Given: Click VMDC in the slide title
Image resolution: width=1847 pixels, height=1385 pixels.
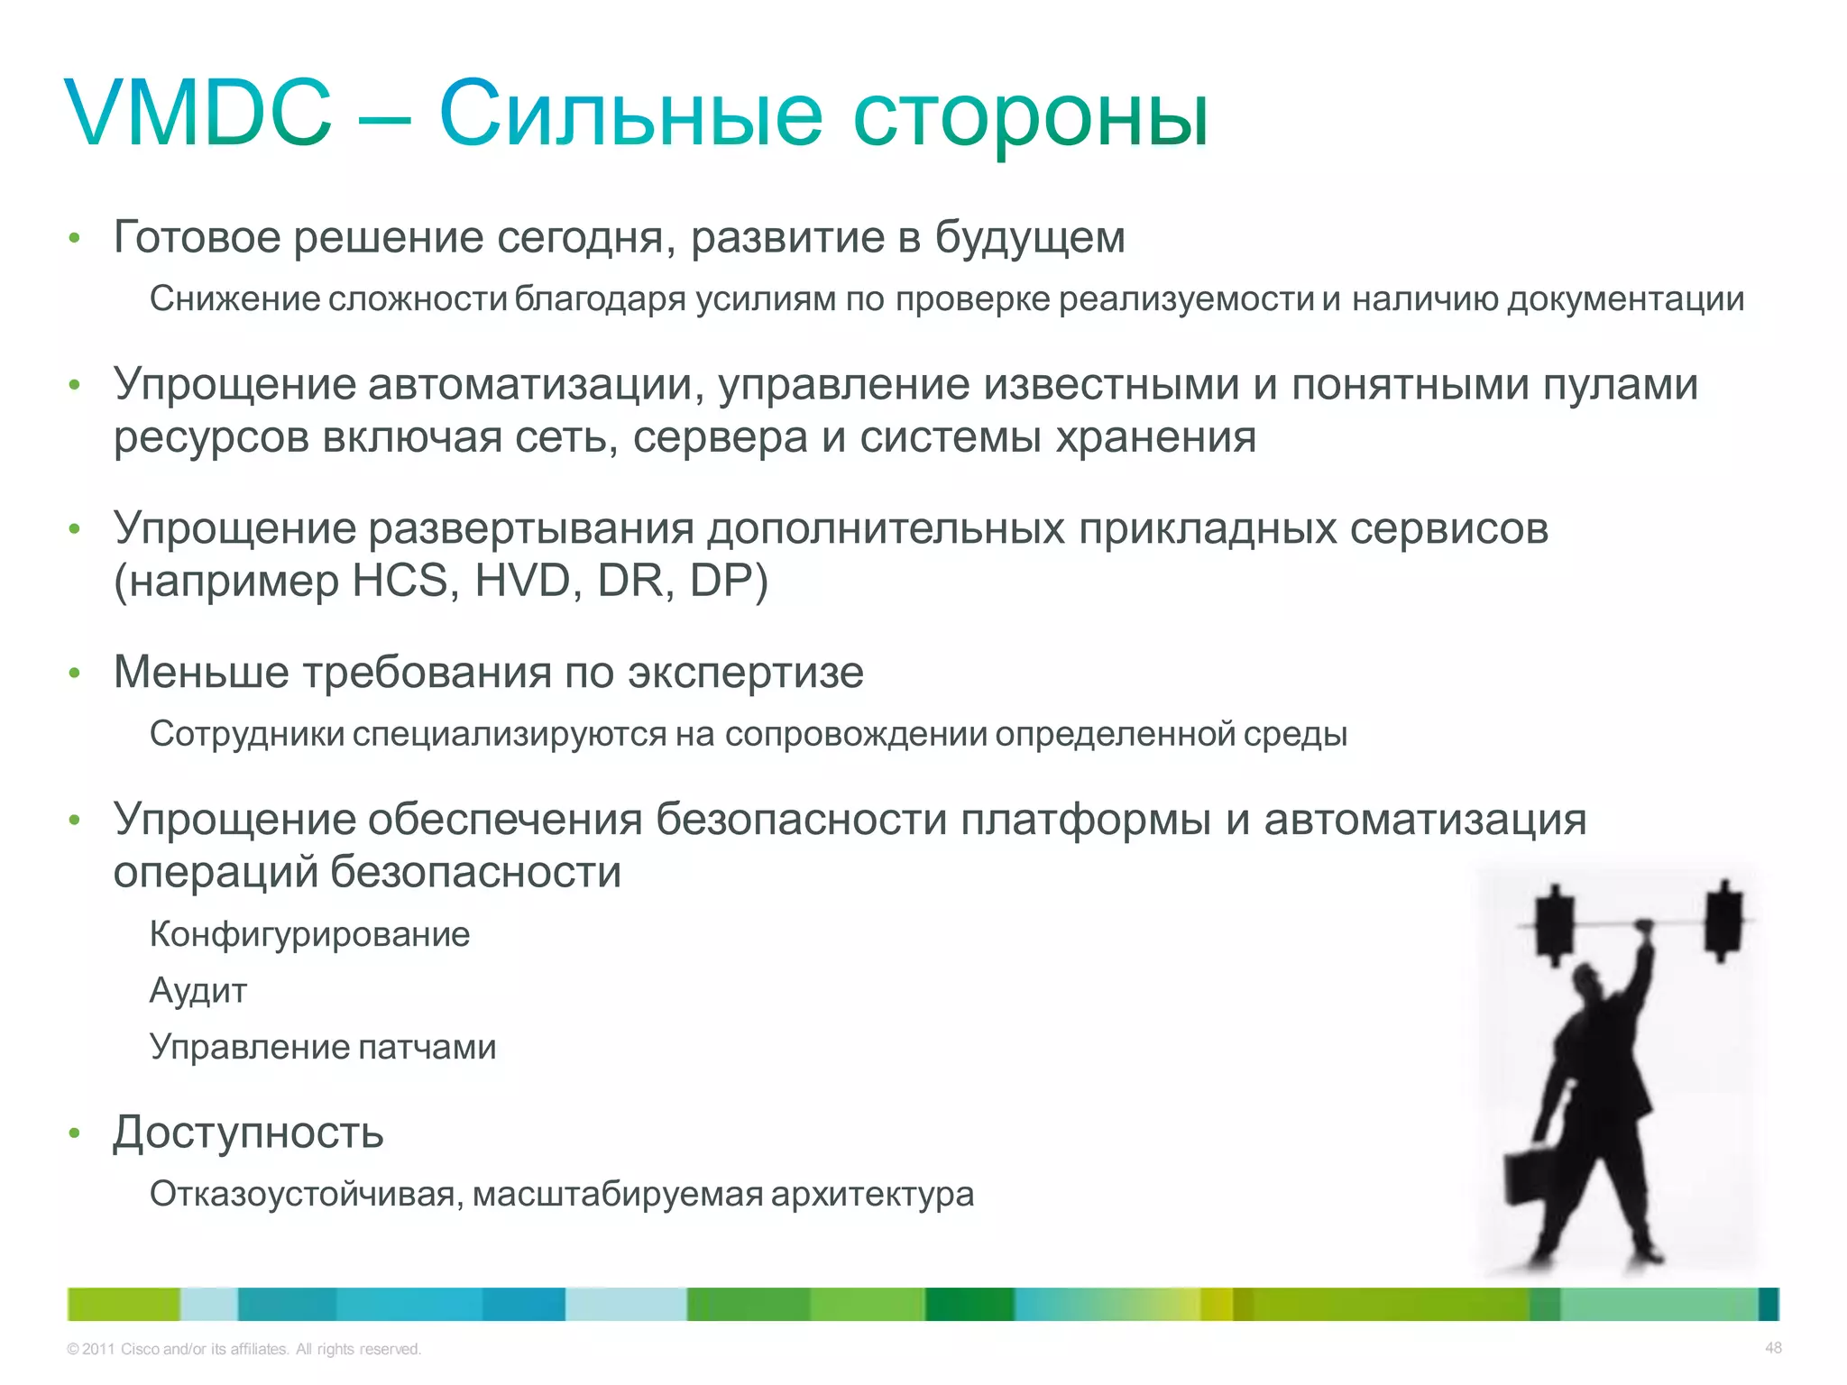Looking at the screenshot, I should click(x=198, y=115).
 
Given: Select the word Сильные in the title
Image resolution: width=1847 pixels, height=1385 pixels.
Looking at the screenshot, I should click(x=629, y=115).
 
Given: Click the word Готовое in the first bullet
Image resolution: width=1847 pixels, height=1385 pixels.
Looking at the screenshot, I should click(x=198, y=237).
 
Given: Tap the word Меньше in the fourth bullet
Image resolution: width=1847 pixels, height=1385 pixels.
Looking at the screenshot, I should click(x=200, y=672).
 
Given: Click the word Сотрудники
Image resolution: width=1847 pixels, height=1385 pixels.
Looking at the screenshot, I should click(x=246, y=734).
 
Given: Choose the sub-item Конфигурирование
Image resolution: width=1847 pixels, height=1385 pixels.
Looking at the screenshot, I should click(x=309, y=934).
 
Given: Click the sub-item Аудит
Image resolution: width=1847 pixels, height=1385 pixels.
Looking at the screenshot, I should click(x=198, y=991).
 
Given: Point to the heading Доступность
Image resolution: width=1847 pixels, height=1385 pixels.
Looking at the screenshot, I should click(x=248, y=1133).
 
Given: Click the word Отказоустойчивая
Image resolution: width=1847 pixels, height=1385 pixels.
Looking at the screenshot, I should click(x=306, y=1195).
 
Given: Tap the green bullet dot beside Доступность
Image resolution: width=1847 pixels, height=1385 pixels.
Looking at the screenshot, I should click(x=75, y=1133).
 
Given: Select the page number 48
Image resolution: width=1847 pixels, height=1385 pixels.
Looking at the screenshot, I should click(x=1773, y=1348).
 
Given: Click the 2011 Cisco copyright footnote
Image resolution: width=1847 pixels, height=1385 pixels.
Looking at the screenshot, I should click(x=244, y=1349).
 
